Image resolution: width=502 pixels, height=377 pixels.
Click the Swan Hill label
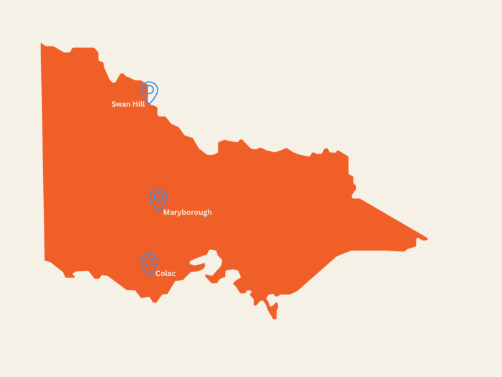[128, 104]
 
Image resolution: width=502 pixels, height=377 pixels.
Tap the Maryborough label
[187, 212]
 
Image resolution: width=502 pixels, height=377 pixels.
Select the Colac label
[165, 274]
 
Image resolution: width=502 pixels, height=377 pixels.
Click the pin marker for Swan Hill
[150, 92]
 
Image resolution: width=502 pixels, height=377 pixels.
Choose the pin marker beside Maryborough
[158, 199]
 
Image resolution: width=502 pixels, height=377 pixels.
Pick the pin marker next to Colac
[149, 264]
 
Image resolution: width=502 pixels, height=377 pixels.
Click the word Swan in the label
[120, 104]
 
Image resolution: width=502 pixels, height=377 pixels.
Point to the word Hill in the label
[138, 104]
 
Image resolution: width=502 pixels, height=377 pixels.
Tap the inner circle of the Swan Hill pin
[150, 90]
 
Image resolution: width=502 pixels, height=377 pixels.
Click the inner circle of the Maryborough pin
[158, 196]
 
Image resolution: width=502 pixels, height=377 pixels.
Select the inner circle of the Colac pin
[149, 262]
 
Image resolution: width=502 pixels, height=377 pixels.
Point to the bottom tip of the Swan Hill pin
[150, 103]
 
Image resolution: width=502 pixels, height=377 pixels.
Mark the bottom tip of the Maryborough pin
[158, 211]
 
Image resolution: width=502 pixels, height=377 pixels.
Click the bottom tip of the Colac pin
[149, 276]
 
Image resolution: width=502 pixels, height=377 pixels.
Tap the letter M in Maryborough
[167, 212]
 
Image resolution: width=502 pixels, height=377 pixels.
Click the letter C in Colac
[158, 274]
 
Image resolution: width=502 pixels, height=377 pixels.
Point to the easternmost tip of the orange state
[427, 238]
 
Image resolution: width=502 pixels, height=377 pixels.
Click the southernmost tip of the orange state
[275, 319]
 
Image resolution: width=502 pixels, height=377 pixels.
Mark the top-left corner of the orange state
[41, 44]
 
